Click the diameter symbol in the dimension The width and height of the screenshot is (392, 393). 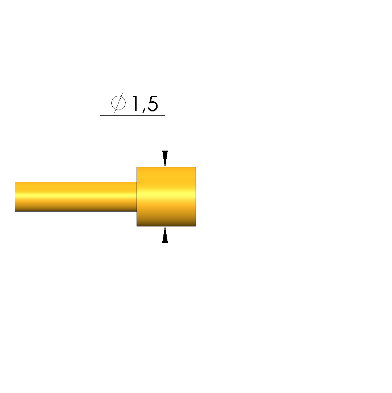pos(118,103)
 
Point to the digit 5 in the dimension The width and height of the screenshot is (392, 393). pos(153,103)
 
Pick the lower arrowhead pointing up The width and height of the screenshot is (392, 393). pos(165,234)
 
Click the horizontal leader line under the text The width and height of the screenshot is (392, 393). pos(133,115)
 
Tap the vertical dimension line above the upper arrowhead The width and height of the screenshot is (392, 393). pos(165,133)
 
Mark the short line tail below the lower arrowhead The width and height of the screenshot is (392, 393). pos(165,247)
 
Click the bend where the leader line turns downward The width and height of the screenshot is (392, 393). pos(165,115)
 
